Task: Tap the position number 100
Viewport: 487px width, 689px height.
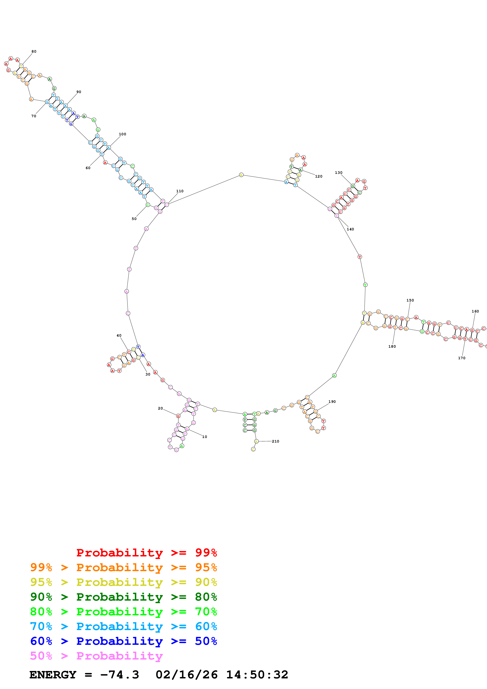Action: pyautogui.click(x=122, y=134)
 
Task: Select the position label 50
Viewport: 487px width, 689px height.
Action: pyautogui.click(x=134, y=219)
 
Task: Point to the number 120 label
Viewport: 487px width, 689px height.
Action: pyautogui.click(x=319, y=176)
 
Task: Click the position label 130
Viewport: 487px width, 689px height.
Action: pyautogui.click(x=338, y=173)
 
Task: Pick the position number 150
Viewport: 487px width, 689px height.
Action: pyautogui.click(x=410, y=300)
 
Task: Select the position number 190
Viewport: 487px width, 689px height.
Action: pyautogui.click(x=332, y=401)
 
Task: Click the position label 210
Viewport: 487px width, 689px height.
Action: pyautogui.click(x=275, y=441)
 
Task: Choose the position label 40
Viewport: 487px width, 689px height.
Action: pyautogui.click(x=119, y=335)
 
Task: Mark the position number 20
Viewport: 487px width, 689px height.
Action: pyautogui.click(x=160, y=408)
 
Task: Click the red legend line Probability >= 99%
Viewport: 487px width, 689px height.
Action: pyautogui.click(x=146, y=552)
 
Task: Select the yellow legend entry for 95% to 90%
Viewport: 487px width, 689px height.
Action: pyautogui.click(x=123, y=582)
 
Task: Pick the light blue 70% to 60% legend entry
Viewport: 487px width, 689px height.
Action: pyautogui.click(x=123, y=626)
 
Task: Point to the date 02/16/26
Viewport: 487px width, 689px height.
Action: pyautogui.click(x=187, y=675)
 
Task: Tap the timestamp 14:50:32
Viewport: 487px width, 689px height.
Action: pyautogui.click(x=257, y=675)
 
